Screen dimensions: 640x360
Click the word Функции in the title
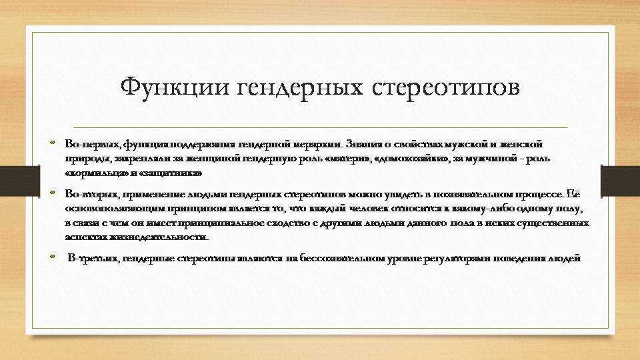tap(175, 87)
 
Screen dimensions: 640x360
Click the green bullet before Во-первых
tap(52, 143)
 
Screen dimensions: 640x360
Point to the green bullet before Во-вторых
tap(52, 192)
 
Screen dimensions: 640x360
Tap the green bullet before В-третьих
tap(52, 256)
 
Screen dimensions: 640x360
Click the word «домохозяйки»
tap(411, 159)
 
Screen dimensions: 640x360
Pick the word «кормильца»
tap(96, 173)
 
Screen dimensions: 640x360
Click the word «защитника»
tap(170, 173)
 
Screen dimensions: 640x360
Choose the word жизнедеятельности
tap(159, 237)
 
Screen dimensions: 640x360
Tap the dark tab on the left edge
tap(20, 181)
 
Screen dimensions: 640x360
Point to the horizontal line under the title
tap(321, 127)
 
